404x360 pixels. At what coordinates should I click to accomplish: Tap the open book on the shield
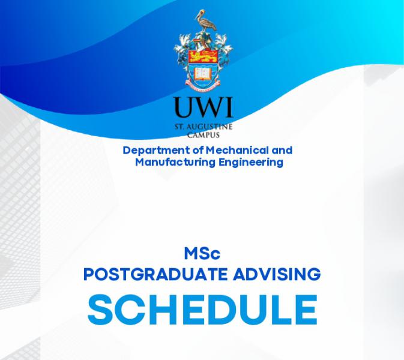tap(202, 73)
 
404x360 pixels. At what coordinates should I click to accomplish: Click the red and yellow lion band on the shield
tap(203, 56)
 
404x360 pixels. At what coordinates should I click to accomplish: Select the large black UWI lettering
tap(204, 107)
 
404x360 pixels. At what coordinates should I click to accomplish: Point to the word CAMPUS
tap(204, 134)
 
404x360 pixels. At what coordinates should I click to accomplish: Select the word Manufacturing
tap(175, 163)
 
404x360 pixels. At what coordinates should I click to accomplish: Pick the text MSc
tap(202, 254)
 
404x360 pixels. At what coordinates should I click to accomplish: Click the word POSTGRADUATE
tap(155, 274)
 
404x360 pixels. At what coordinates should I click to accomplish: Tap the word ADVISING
tap(277, 274)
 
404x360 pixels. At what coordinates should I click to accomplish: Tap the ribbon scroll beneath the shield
tap(203, 86)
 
